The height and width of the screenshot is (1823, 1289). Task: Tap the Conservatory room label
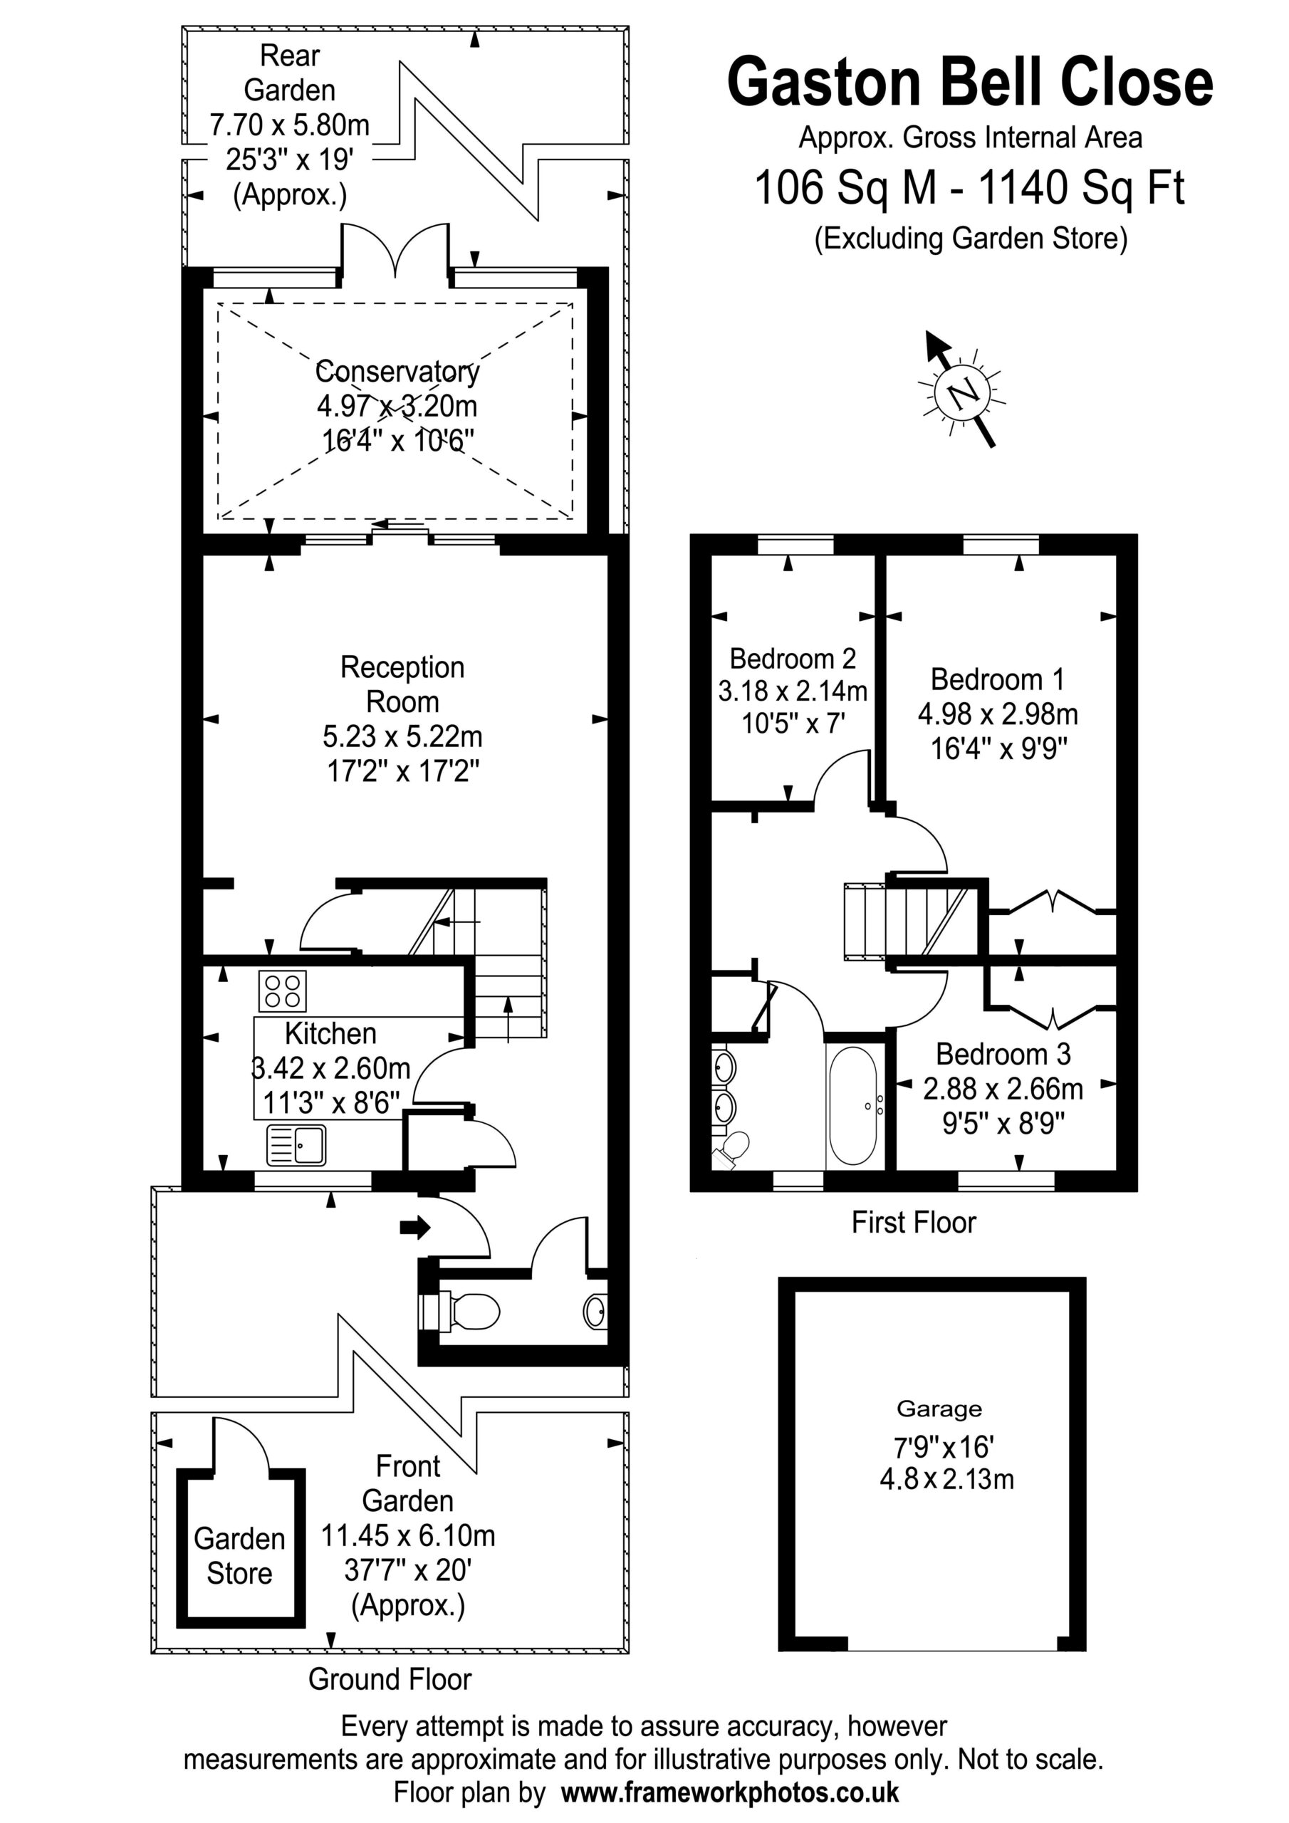point(397,372)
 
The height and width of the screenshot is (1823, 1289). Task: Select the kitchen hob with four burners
point(283,991)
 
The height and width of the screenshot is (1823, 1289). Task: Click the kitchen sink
point(296,1144)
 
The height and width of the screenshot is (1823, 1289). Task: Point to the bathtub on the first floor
point(853,1105)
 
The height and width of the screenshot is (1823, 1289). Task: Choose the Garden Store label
point(239,1555)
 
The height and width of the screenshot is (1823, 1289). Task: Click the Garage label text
point(939,1409)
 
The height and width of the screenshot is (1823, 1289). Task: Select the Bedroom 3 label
point(1003,1054)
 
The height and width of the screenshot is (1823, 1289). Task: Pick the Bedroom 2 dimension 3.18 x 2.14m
point(793,691)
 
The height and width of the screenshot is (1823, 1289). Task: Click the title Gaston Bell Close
point(971,83)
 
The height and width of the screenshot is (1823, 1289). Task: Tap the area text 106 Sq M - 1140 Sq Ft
point(970,188)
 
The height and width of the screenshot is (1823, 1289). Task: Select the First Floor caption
point(914,1222)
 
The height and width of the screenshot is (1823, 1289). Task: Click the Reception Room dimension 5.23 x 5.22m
point(402,736)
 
